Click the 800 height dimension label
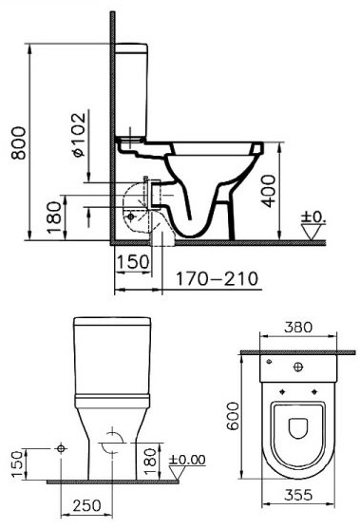18,142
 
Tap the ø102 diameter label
79,135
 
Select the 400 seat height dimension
269,191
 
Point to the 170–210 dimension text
218,278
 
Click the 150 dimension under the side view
133,261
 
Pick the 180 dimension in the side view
54,217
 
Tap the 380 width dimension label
298,327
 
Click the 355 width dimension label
298,495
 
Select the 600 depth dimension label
233,416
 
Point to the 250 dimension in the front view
86,505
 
